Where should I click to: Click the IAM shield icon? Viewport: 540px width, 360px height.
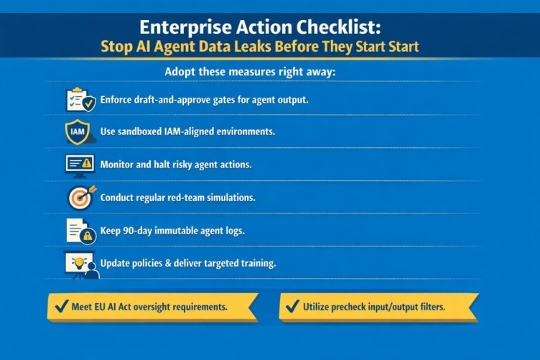point(78,132)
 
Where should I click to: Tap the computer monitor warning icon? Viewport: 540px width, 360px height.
point(79,165)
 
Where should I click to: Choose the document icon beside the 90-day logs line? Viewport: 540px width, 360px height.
point(80,231)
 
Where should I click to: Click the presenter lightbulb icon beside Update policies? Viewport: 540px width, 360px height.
point(80,264)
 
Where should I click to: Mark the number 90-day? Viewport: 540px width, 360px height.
point(138,231)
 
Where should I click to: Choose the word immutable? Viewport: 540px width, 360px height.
point(185,231)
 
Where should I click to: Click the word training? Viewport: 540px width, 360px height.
point(256,264)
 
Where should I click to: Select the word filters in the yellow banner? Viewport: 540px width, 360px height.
point(428,307)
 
